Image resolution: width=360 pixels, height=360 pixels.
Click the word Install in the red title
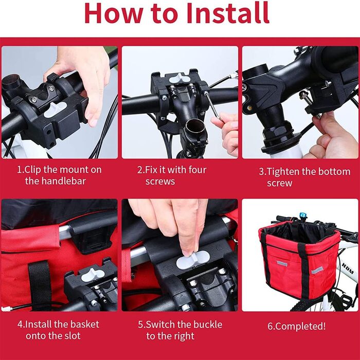pos(227,13)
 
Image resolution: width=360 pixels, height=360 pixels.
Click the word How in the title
pos(114,13)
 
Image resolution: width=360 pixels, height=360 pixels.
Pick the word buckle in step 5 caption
pos(208,325)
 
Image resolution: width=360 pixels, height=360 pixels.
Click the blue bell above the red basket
pos(303,216)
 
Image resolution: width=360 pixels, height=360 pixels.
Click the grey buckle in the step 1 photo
pos(55,110)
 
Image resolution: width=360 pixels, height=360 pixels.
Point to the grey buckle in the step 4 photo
pos(93,275)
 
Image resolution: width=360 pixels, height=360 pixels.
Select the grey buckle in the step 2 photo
pos(180,79)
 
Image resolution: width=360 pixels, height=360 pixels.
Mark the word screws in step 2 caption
pos(160,182)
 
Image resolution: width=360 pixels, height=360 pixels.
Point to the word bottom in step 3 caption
pos(335,172)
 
